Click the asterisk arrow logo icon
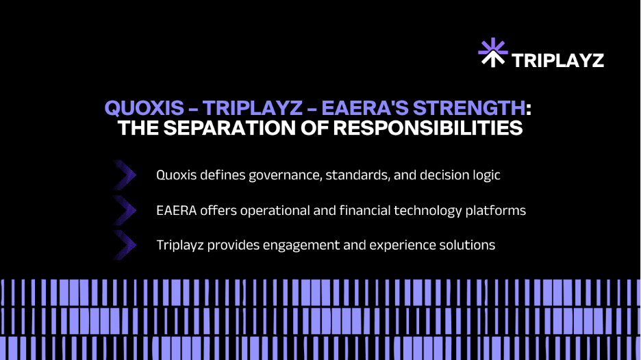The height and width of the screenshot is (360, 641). click(493, 52)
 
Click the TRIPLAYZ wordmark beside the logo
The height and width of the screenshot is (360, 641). click(557, 60)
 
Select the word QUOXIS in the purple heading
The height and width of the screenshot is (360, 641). click(144, 108)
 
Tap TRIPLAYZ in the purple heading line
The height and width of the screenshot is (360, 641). click(252, 108)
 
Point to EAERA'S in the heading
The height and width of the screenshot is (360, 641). click(364, 108)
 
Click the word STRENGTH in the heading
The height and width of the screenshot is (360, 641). click(469, 108)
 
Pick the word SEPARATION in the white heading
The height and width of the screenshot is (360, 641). click(229, 128)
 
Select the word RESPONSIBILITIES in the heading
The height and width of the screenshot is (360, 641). click(427, 128)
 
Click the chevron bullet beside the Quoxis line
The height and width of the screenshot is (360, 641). click(124, 175)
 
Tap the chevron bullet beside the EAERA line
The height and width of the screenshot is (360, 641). click(124, 210)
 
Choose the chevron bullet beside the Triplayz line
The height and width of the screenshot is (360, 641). click(124, 245)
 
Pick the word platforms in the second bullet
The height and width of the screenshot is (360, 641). click(495, 211)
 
